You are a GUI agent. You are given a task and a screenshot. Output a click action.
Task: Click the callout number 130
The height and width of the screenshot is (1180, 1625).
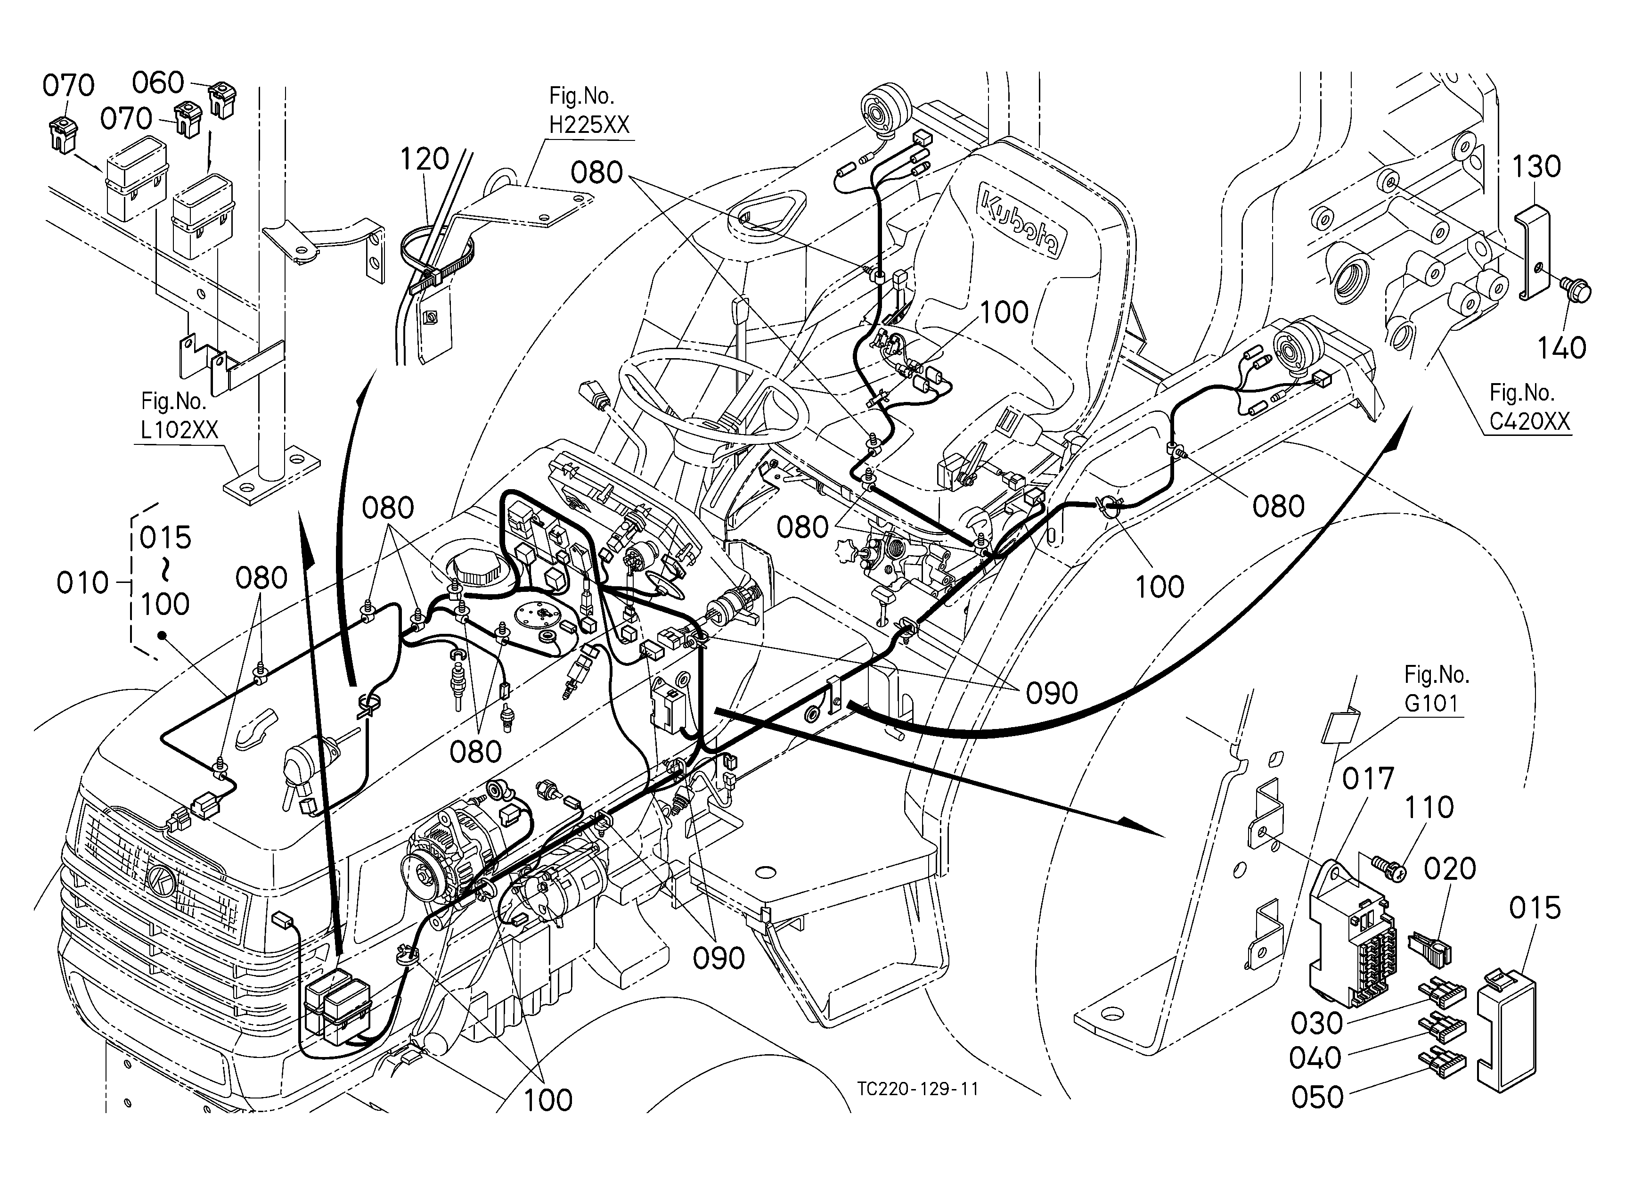(x=1536, y=167)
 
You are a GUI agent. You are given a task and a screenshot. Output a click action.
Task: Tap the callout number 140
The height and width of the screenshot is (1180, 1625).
(x=1562, y=349)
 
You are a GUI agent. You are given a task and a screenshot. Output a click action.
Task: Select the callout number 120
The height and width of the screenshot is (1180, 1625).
(x=424, y=159)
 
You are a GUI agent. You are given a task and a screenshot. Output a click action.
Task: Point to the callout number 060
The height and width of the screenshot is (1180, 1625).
(x=158, y=83)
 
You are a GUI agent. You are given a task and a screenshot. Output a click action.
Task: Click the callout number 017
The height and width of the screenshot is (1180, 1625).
(x=1368, y=779)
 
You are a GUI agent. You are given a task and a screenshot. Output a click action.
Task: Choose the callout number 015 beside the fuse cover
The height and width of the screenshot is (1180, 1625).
(x=1535, y=909)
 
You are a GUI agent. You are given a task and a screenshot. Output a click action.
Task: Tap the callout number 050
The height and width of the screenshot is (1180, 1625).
(x=1317, y=1098)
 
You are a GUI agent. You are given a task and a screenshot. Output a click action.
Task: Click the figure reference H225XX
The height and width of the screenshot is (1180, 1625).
(x=589, y=125)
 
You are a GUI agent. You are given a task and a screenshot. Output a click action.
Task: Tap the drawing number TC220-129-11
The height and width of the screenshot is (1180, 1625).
(x=918, y=1090)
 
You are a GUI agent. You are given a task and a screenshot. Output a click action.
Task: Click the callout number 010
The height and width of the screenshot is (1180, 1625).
(x=83, y=583)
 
